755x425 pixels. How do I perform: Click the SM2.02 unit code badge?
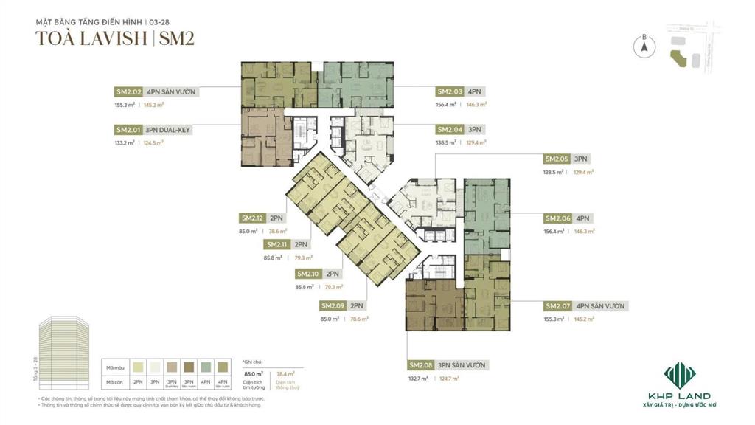[128, 91]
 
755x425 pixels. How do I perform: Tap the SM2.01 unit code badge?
[128, 130]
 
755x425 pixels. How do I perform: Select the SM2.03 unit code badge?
[450, 91]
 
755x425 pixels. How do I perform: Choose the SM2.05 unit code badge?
[557, 159]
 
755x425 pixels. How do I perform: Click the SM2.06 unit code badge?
[557, 218]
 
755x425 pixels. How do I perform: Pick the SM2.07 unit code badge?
[557, 306]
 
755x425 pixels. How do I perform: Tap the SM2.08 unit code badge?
[421, 365]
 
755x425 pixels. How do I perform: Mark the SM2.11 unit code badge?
[277, 244]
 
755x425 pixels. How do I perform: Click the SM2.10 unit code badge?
[307, 273]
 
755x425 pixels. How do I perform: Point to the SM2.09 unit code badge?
[333, 305]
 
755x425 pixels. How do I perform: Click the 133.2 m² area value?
[125, 143]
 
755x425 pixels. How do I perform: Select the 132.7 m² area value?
[419, 379]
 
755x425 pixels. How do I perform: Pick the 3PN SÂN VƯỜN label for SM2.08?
[463, 365]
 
